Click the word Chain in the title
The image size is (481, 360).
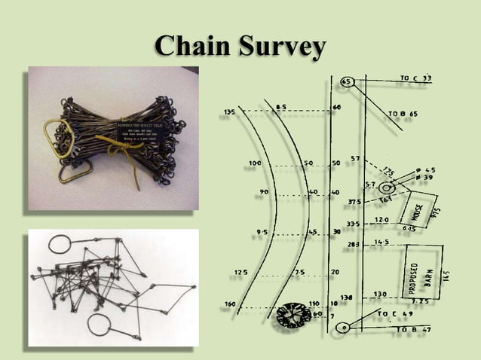[190, 47]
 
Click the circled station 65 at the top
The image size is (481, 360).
[347, 81]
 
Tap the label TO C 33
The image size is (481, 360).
[415, 78]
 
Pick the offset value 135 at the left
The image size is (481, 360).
[229, 111]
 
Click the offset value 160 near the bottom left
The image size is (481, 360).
[229, 305]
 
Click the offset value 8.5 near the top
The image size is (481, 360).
[280, 108]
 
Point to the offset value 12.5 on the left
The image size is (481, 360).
[240, 271]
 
